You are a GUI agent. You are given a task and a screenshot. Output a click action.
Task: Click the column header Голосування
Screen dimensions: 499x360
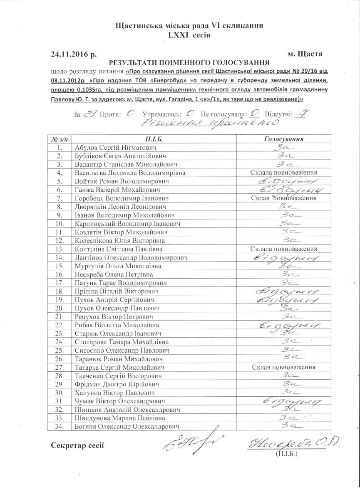[x=283, y=138]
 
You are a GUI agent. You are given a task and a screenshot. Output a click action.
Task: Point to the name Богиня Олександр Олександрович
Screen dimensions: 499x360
[x=127, y=427]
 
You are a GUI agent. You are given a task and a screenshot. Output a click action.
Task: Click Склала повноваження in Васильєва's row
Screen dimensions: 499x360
[x=284, y=173]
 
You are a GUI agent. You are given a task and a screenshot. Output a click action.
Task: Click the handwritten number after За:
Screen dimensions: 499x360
[x=90, y=114]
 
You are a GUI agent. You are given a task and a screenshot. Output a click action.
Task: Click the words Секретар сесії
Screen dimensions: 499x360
[x=77, y=446]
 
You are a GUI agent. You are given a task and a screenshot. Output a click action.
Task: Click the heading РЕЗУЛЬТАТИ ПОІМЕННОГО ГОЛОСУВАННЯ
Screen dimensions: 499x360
[x=189, y=63]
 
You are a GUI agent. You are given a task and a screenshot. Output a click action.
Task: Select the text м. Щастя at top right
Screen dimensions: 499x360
[x=305, y=54]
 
